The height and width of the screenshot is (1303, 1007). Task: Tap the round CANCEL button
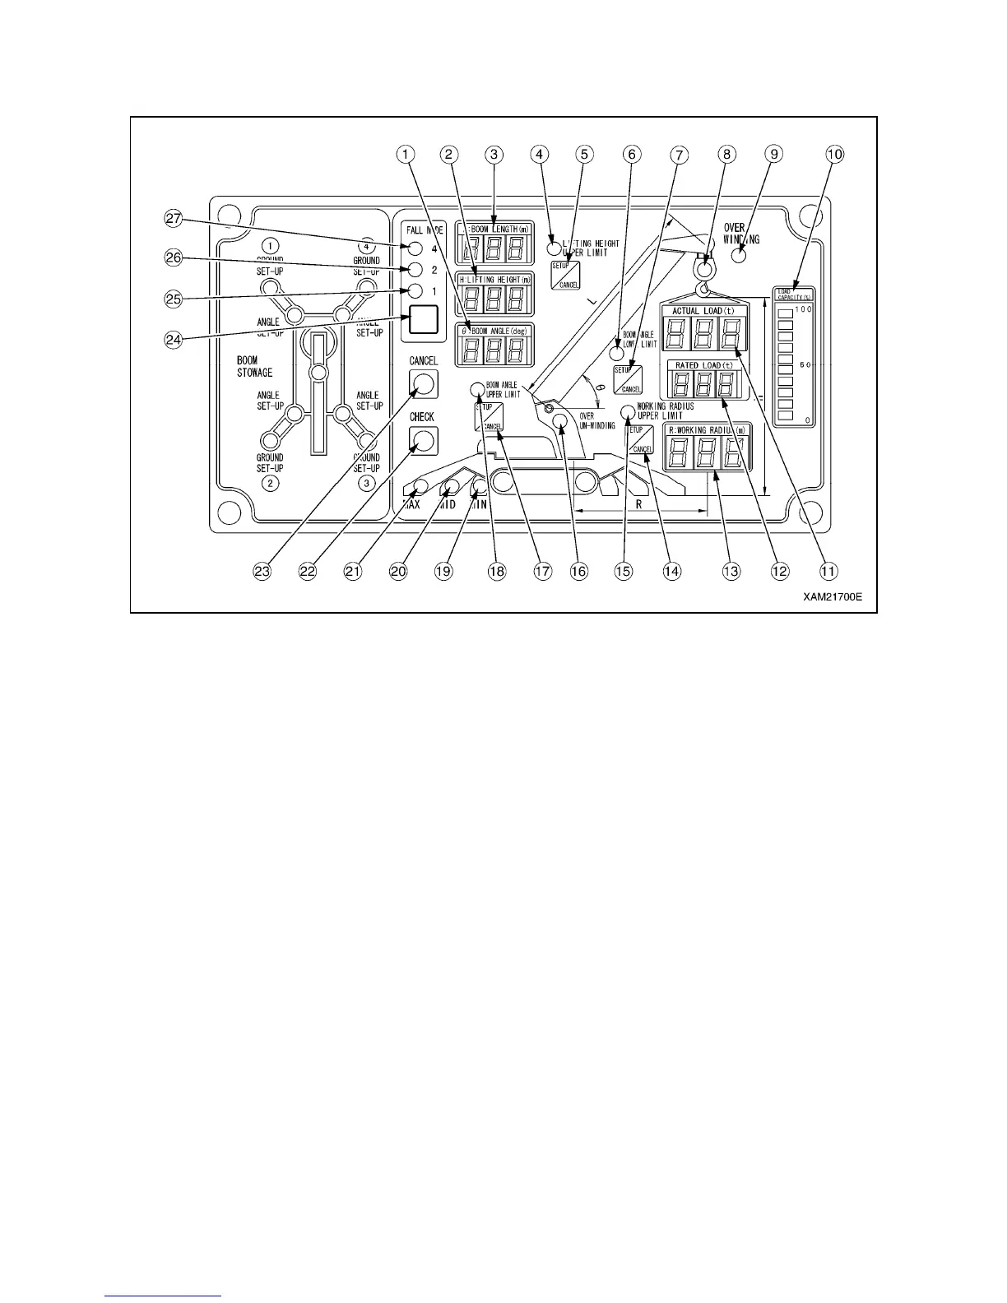point(423,383)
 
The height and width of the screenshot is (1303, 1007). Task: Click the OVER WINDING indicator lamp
point(738,255)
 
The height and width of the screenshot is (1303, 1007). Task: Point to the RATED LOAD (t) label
point(703,364)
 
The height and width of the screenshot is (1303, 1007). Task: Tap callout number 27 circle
point(172,220)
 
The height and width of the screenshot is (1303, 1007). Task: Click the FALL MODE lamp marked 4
point(415,249)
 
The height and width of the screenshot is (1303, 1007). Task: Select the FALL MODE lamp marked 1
point(415,291)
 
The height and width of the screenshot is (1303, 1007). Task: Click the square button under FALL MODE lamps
point(422,319)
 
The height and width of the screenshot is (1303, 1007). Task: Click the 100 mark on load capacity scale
point(801,308)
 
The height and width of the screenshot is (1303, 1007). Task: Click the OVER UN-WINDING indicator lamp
point(560,421)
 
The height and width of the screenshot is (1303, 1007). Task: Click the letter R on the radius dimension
point(638,504)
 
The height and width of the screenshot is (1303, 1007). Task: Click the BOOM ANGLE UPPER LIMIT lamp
point(477,390)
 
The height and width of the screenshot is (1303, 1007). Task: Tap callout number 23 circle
point(262,570)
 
